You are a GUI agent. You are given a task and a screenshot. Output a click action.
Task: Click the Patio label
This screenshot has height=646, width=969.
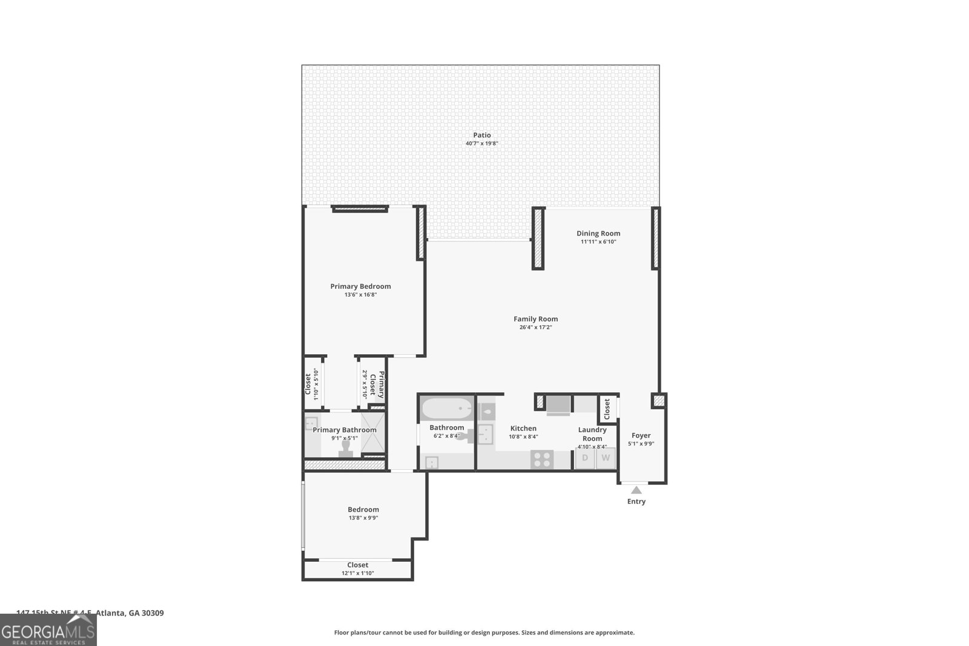click(482, 136)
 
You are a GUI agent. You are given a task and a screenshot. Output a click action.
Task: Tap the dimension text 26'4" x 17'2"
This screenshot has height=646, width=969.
click(535, 328)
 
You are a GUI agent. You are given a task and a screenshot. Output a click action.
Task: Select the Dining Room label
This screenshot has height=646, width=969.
click(598, 234)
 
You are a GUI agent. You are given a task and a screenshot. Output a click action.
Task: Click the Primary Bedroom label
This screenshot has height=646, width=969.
click(360, 286)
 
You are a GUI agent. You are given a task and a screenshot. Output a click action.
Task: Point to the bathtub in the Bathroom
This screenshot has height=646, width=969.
click(446, 410)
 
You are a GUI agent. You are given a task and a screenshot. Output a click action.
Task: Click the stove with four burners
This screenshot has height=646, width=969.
click(542, 460)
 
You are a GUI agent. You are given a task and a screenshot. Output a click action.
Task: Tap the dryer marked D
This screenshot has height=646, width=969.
click(585, 458)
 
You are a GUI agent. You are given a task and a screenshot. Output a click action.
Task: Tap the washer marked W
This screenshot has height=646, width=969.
click(605, 458)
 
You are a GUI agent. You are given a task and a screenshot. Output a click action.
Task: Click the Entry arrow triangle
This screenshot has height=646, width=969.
click(636, 490)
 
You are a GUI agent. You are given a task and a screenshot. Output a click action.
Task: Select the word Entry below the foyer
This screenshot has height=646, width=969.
click(636, 501)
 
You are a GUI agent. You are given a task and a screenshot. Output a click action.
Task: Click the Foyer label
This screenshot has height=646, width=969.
click(641, 435)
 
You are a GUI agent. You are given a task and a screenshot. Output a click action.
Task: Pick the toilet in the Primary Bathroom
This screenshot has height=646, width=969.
click(346, 447)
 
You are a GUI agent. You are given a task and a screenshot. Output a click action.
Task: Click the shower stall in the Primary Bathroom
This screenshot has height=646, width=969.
click(373, 433)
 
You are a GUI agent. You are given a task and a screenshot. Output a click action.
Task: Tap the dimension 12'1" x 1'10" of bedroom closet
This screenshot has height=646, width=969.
click(357, 573)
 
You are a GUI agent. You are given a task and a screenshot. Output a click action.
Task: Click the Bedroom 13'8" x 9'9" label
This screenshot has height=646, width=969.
click(363, 510)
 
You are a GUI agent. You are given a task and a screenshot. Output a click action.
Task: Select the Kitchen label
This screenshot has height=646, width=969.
click(523, 429)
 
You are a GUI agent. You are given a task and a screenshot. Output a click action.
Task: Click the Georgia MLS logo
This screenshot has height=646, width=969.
click(48, 631)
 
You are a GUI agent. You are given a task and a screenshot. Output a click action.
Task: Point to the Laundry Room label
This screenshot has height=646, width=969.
click(592, 434)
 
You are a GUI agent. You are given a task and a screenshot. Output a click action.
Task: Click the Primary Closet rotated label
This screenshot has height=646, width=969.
click(377, 384)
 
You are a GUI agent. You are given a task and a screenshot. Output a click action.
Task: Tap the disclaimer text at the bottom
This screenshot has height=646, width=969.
click(484, 633)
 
